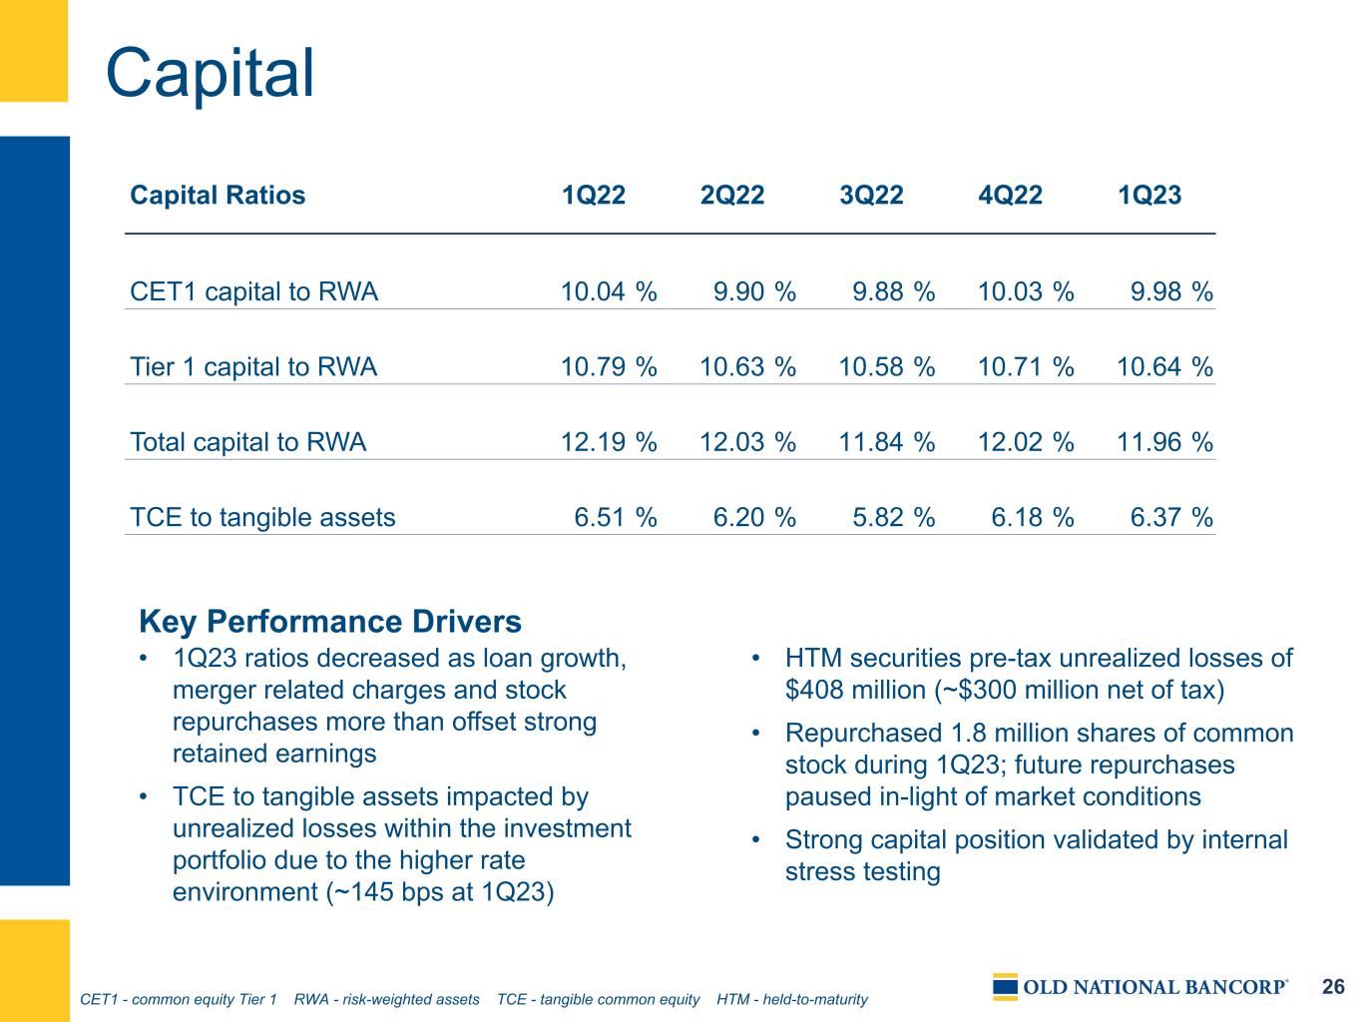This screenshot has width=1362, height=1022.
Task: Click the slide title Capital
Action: coord(210,73)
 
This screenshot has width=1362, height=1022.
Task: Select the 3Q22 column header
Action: coord(871,196)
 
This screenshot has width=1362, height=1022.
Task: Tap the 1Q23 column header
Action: coord(1149,196)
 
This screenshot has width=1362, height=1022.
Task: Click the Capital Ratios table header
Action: coord(218,196)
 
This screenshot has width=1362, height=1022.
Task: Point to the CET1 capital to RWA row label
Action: coord(253,291)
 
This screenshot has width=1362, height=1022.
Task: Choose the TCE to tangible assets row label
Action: coord(262,517)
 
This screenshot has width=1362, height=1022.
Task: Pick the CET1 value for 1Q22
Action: coord(609,291)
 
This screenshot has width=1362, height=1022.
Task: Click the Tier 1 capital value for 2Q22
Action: coord(747,366)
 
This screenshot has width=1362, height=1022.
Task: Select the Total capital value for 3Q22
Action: coord(887,442)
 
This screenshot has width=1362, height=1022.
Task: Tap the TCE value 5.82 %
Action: coord(893,518)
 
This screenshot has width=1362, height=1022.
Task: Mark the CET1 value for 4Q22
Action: coord(1026,291)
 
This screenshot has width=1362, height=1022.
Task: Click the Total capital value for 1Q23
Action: coord(1164,442)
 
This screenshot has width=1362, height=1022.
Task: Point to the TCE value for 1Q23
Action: coord(1171,518)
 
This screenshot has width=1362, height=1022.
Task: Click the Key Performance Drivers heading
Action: coord(330,621)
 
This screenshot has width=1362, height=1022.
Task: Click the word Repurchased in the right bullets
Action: coord(863,734)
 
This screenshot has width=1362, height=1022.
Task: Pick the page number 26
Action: coord(1333,987)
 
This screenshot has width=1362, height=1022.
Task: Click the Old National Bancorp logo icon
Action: coord(1005,987)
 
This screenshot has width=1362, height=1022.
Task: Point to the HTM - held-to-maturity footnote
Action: coord(792,1000)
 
